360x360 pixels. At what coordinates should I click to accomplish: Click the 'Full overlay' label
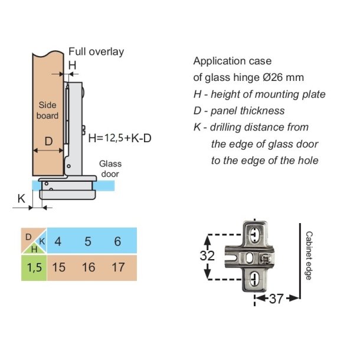pyautogui.click(x=96, y=52)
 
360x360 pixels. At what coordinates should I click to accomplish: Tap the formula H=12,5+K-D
pyautogui.click(x=120, y=139)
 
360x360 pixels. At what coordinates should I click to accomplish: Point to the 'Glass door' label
pyautogui.click(x=110, y=168)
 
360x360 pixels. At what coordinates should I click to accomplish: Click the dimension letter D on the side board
pyautogui.click(x=48, y=142)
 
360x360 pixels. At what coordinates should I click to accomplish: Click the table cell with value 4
pyautogui.click(x=58, y=241)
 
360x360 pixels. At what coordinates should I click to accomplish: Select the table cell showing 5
pyautogui.click(x=88, y=241)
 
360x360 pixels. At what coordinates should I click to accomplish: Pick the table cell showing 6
pyautogui.click(x=118, y=241)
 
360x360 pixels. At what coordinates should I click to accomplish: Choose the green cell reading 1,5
pyautogui.click(x=34, y=267)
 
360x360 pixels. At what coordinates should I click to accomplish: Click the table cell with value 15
pyautogui.click(x=58, y=267)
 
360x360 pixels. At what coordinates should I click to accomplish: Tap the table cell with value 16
pyautogui.click(x=88, y=267)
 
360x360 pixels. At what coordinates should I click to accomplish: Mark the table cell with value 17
pyautogui.click(x=118, y=267)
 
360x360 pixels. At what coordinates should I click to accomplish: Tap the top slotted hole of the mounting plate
pyautogui.click(x=254, y=234)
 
